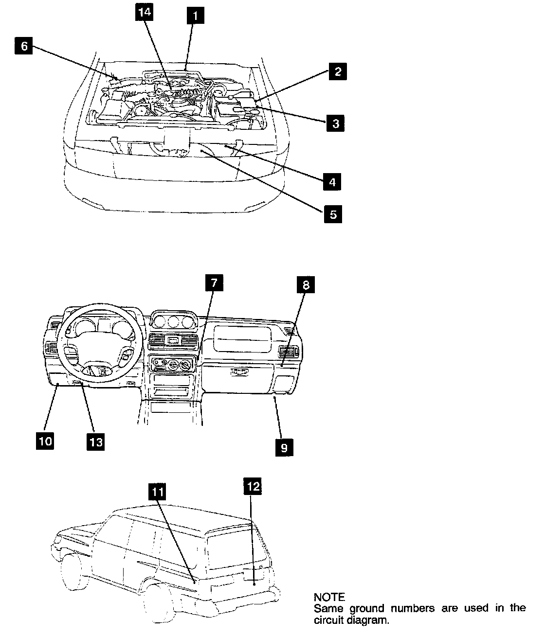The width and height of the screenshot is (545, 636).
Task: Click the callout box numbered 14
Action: pyautogui.click(x=145, y=14)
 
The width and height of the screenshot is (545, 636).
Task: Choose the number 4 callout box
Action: pyautogui.click(x=332, y=182)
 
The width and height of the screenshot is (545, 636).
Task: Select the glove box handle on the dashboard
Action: pyautogui.click(x=239, y=372)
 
